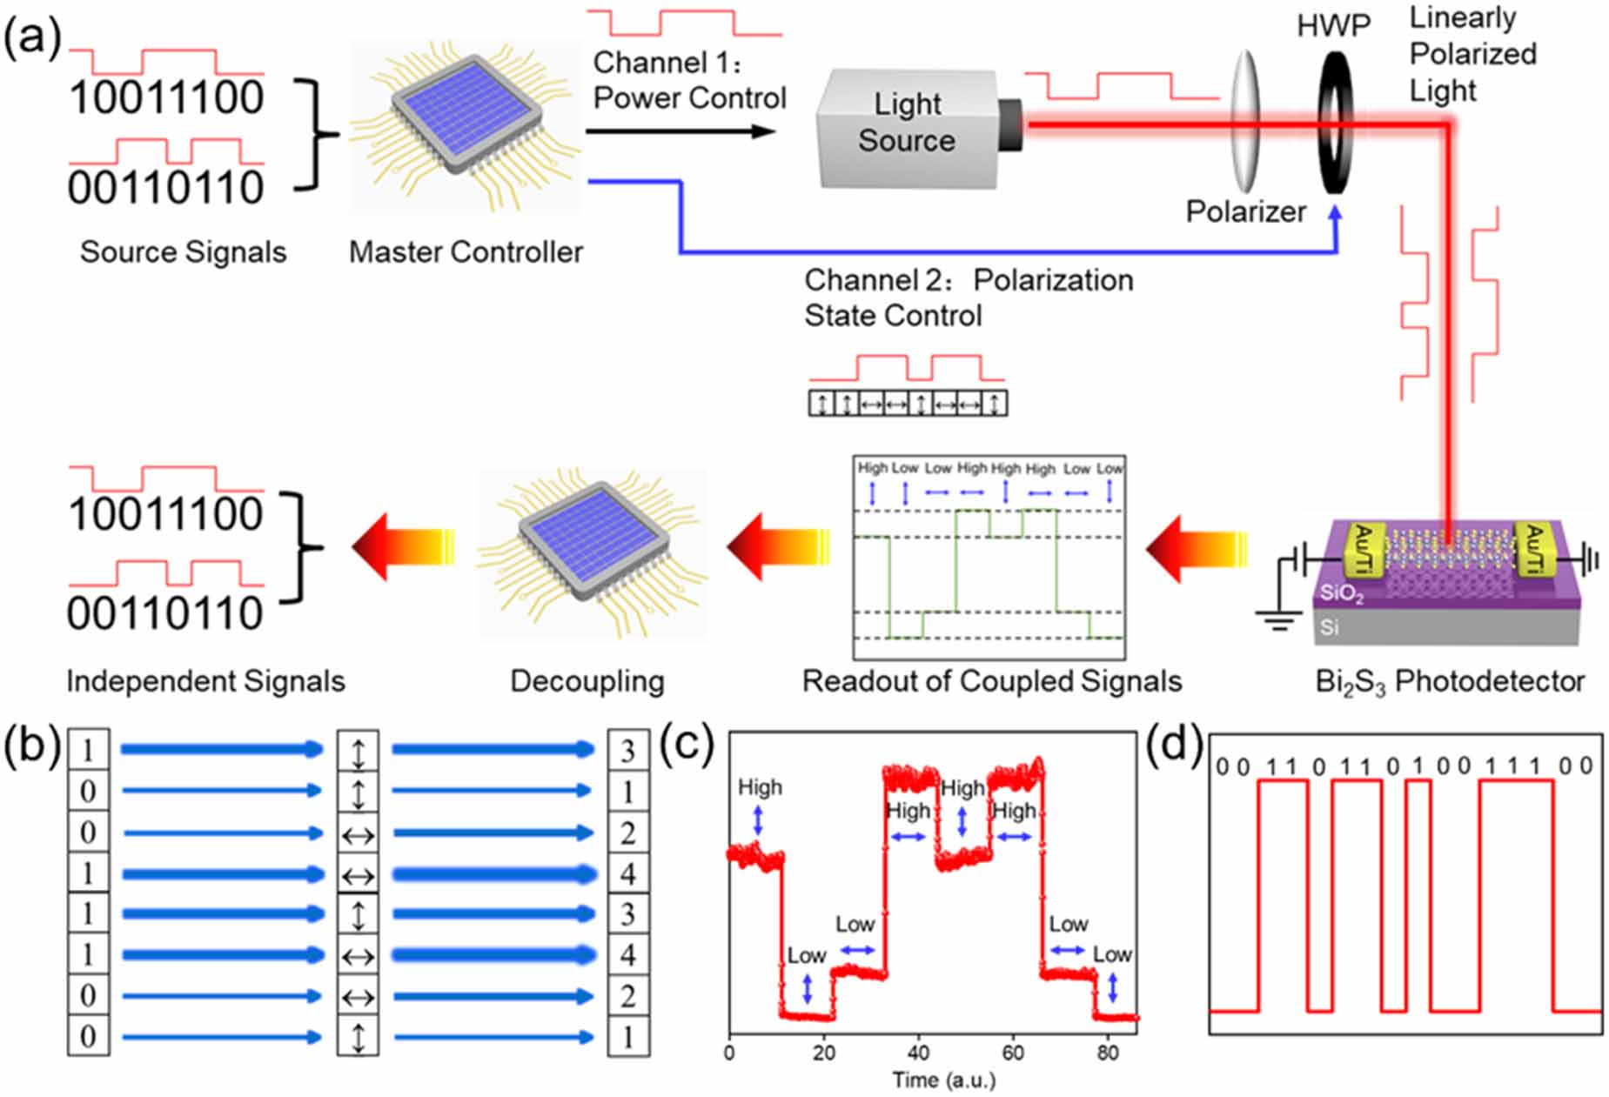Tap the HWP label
(1332, 26)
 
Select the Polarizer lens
(1246, 121)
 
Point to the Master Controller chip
(466, 127)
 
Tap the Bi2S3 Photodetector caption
(1449, 682)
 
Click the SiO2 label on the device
(1341, 594)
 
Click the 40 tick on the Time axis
(918, 1052)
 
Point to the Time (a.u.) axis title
(943, 1080)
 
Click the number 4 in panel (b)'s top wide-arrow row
(627, 873)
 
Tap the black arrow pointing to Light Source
(680, 131)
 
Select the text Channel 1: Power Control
(689, 80)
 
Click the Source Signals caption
(183, 252)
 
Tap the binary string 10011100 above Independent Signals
(166, 514)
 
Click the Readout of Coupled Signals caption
(991, 681)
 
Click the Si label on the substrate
(1329, 627)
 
